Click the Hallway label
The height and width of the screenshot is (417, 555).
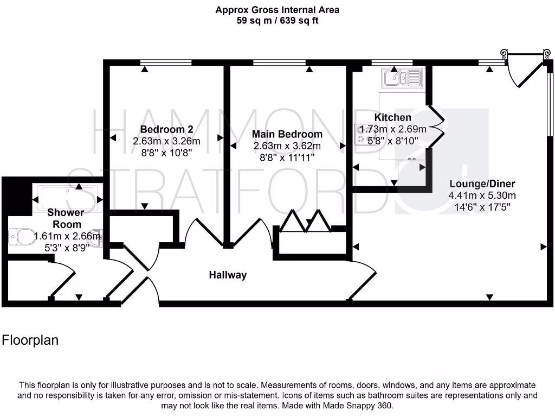(228, 275)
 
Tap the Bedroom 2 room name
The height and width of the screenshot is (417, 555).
(166, 129)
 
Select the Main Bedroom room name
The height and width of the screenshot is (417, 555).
(287, 134)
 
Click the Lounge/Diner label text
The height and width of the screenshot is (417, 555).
(482, 184)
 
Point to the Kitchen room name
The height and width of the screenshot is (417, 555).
(393, 117)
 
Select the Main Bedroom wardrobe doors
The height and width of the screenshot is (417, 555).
(306, 222)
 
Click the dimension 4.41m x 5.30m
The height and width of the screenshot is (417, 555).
(482, 195)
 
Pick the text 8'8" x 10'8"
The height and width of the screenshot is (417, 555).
(166, 153)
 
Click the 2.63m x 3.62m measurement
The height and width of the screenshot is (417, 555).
(287, 146)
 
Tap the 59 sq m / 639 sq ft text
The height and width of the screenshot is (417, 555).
(277, 22)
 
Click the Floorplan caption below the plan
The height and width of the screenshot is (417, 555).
(30, 340)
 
